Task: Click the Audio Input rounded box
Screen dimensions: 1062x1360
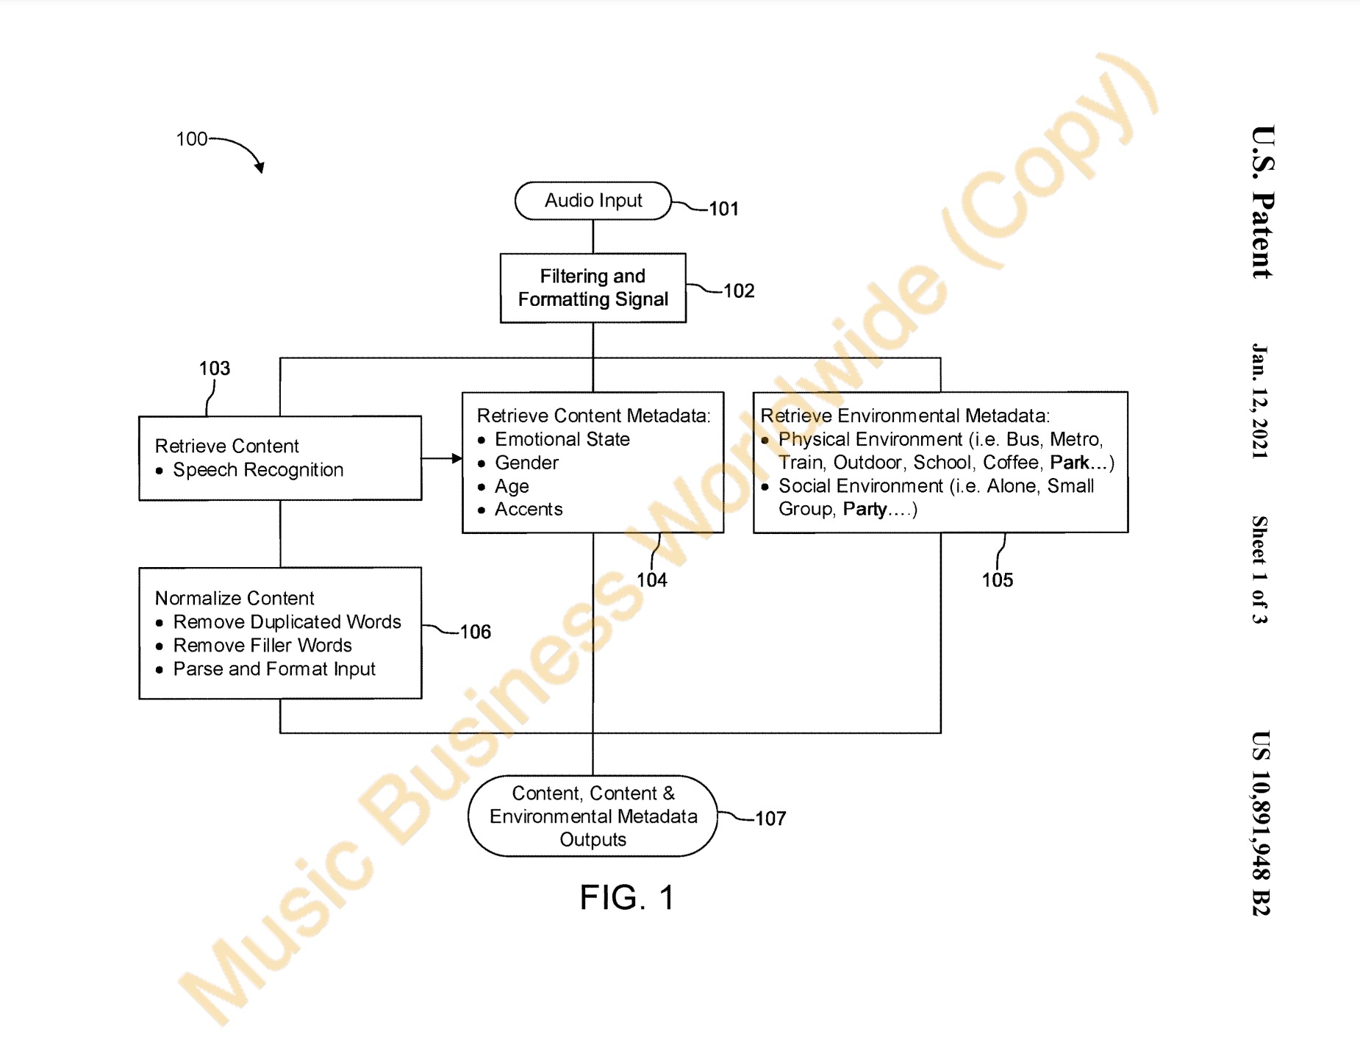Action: pyautogui.click(x=593, y=201)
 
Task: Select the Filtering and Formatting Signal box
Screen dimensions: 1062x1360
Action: pyautogui.click(x=593, y=288)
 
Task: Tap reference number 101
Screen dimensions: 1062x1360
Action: pyautogui.click(x=723, y=209)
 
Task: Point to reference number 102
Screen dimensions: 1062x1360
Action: pyautogui.click(x=739, y=291)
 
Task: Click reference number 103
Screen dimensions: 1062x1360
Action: pyautogui.click(x=215, y=368)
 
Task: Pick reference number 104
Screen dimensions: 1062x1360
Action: pyautogui.click(x=652, y=580)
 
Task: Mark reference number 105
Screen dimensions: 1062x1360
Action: pyautogui.click(x=997, y=580)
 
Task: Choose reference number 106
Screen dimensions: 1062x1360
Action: pyautogui.click(x=475, y=632)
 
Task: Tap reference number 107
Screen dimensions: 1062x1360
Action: pyautogui.click(x=770, y=819)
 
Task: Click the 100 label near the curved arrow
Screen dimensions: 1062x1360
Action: pyautogui.click(x=192, y=139)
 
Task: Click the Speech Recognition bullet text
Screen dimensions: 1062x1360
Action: pyautogui.click(x=258, y=470)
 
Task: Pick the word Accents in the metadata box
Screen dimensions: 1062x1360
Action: pyautogui.click(x=529, y=509)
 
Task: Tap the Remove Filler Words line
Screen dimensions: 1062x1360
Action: pyautogui.click(x=262, y=645)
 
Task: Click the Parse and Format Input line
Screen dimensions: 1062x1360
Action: pyautogui.click(x=274, y=669)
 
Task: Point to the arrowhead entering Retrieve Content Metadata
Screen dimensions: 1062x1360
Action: pyautogui.click(x=457, y=458)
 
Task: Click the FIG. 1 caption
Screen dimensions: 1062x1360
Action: pyautogui.click(x=626, y=897)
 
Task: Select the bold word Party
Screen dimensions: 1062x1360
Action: pyautogui.click(x=865, y=509)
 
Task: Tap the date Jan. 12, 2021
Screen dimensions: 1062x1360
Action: pyautogui.click(x=1260, y=401)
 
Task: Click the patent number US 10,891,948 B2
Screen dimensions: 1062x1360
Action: pyautogui.click(x=1260, y=823)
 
